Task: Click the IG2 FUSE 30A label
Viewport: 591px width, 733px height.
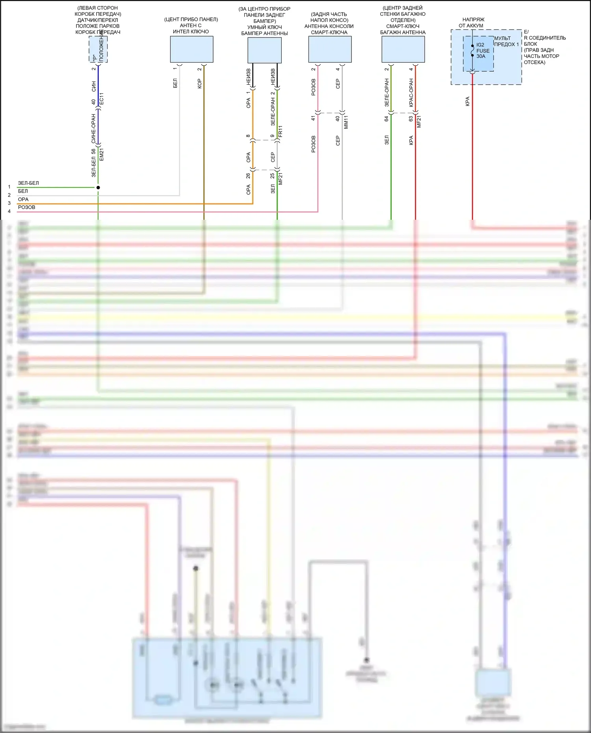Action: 482,50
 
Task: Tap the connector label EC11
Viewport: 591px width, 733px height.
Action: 101,98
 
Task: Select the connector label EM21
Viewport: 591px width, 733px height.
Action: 101,154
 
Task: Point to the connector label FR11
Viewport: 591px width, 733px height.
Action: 280,131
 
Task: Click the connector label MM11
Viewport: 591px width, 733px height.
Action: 346,122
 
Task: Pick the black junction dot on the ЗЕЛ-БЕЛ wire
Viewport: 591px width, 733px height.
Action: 98,187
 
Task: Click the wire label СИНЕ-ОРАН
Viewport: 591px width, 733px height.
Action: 93,128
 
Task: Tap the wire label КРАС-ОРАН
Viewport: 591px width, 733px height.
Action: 411,93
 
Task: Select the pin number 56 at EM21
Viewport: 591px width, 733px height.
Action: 93,151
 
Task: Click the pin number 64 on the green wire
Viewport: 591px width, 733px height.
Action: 387,118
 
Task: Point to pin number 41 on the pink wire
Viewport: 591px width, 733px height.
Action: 313,118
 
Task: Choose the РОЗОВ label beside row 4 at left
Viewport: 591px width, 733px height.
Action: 26,207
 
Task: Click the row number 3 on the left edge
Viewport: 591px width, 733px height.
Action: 9,203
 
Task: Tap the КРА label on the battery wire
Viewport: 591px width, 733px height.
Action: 467,101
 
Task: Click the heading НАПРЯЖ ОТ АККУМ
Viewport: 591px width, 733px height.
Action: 472,22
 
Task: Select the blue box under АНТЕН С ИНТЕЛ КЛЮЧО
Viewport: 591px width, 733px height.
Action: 191,49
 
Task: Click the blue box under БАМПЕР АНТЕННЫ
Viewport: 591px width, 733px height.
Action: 264,50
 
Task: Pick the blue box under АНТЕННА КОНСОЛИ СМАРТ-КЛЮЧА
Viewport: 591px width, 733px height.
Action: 330,49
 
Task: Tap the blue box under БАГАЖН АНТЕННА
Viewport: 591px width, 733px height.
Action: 403,49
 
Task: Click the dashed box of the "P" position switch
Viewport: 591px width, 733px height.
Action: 98,49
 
